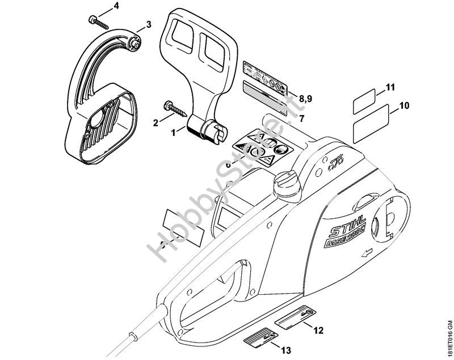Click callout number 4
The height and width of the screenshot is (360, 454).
click(116, 6)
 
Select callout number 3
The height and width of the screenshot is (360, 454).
click(148, 24)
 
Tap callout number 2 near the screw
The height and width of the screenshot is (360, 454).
click(155, 121)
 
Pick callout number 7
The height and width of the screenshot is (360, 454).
click(301, 118)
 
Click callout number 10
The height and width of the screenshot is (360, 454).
click(404, 105)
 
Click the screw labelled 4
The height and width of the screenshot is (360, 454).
click(98, 21)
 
